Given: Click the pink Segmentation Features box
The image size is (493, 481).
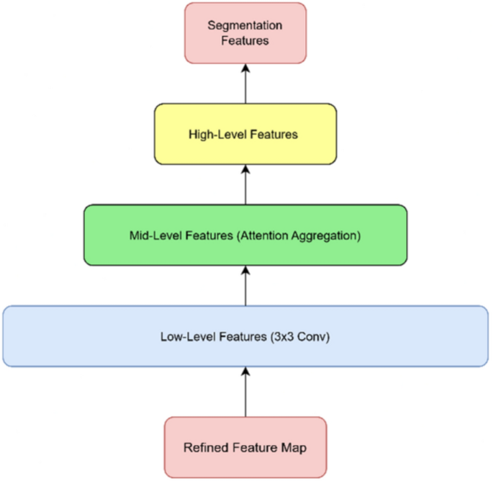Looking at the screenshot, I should coord(245,32).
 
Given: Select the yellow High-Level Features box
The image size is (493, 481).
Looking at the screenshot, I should coord(245,134).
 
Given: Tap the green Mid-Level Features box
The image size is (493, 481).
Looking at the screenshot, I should coord(245,235).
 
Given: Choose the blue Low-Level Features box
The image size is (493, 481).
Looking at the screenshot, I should coord(245,336).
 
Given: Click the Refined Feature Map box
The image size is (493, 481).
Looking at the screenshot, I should coord(245,447).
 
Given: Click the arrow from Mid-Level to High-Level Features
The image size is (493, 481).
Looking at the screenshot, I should coord(245,184).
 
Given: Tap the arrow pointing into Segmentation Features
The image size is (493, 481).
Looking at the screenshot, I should coord(245,83).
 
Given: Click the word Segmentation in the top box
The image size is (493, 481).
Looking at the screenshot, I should coord(245,25).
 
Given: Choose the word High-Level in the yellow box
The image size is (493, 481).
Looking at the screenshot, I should coord(214,134).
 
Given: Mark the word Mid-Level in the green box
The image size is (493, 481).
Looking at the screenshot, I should coord(153,235).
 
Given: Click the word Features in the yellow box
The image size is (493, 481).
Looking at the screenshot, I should coord(271,134).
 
